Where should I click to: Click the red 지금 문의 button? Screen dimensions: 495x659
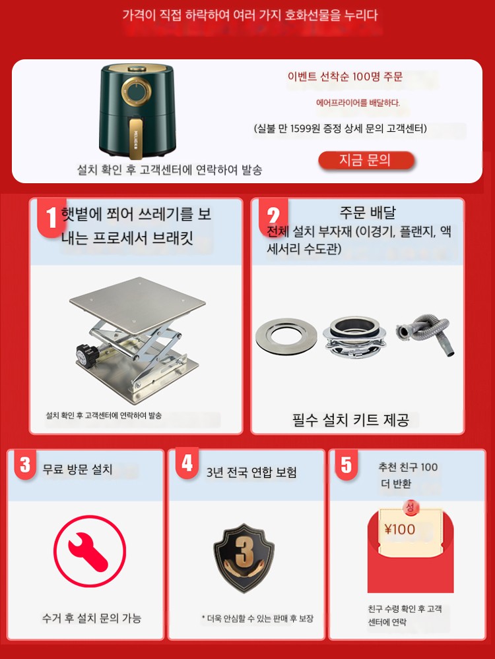pos(366,160)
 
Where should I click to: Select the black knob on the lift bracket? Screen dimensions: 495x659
pos(85,351)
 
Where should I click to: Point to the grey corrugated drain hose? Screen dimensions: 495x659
pos(426,335)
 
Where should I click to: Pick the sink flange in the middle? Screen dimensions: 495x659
pos(354,337)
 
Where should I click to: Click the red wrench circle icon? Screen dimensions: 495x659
pos(90,552)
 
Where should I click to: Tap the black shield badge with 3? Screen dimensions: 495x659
pos(244,558)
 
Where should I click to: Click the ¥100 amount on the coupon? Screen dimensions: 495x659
pos(400,529)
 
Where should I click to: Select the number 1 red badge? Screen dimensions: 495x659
pos(51,217)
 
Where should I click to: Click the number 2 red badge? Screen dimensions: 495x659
pos(273,215)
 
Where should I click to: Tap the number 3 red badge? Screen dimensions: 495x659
pos(25,465)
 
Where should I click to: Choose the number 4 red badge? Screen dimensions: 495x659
pos(187,463)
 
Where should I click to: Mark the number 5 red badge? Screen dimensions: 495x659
pos(346,465)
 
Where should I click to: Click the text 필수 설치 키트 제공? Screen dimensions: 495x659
pos(350,420)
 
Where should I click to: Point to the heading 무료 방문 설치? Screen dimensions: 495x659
pos(77,469)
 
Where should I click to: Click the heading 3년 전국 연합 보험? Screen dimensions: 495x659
pos(251,472)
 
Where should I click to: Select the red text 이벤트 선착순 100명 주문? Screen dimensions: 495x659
pos(345,76)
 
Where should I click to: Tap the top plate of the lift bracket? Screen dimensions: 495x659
pos(137,305)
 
